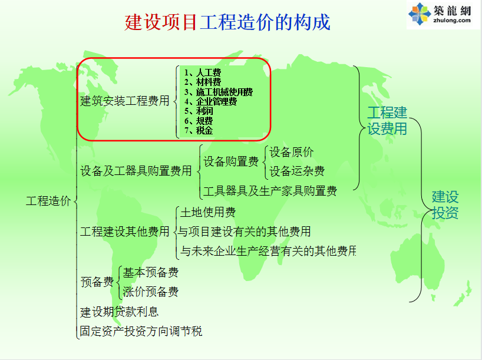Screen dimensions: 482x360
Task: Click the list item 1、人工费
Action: (203, 72)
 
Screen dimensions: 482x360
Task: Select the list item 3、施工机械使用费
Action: (218, 92)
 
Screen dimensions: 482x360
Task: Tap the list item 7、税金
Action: (198, 130)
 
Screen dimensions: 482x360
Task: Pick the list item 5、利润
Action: (198, 111)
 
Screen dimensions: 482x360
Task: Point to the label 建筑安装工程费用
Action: (125, 101)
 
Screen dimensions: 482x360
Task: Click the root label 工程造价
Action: (48, 201)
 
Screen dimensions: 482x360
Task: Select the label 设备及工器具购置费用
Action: (136, 171)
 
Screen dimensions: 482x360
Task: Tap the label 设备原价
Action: (292, 152)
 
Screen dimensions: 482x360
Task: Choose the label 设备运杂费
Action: (297, 171)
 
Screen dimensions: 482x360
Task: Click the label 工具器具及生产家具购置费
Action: (270, 191)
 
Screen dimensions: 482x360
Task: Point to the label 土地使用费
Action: (208, 213)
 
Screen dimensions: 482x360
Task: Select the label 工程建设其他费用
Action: (125, 232)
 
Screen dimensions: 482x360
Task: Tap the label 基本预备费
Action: (151, 272)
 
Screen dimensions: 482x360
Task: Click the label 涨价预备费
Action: (151, 292)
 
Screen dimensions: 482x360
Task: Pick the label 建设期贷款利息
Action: (119, 312)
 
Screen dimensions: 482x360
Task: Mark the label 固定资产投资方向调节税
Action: (141, 331)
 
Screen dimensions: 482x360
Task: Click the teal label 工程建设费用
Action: (387, 121)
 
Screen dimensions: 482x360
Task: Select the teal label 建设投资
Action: (445, 205)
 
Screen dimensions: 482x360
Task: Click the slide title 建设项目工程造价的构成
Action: (227, 22)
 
